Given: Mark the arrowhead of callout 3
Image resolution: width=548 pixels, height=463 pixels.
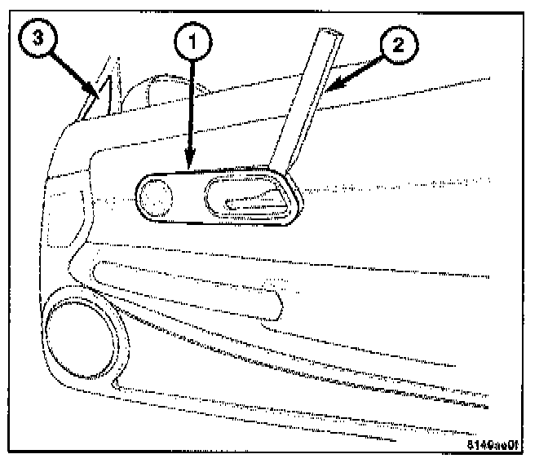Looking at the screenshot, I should [99, 99].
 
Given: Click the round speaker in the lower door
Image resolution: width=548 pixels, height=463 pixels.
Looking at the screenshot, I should [78, 334].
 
